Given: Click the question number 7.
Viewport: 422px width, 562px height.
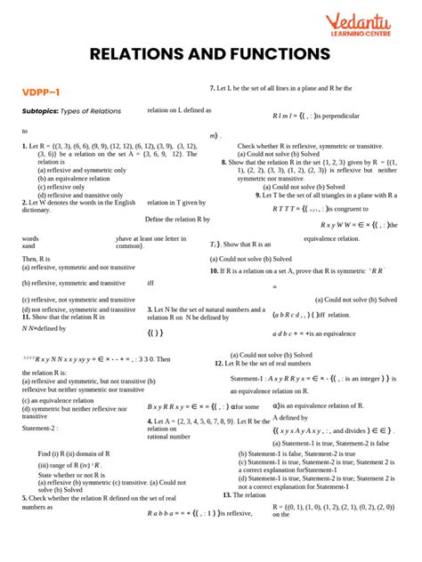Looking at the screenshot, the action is coord(211,88).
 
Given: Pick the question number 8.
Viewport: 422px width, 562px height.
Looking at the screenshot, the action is coord(223,162).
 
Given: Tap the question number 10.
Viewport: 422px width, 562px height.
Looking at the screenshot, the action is coord(215,269).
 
